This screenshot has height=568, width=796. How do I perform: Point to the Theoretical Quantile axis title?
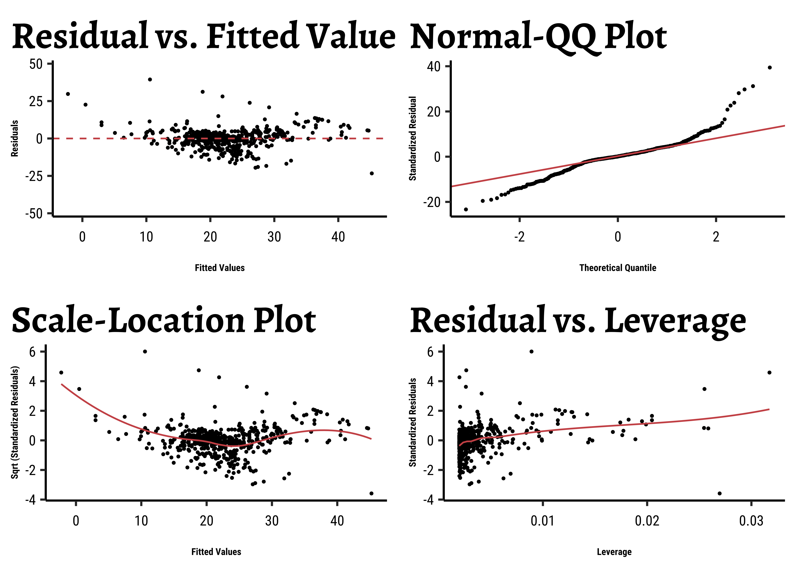pyautogui.click(x=617, y=268)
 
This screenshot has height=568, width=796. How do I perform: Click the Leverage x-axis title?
pyautogui.click(x=614, y=552)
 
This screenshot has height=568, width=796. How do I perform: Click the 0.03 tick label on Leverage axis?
pyautogui.click(x=751, y=521)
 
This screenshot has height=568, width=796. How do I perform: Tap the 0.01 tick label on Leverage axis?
pyautogui.click(x=543, y=521)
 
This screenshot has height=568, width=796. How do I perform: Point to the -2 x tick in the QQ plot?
pyautogui.click(x=519, y=237)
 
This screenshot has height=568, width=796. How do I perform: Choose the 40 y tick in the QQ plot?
pyautogui.click(x=433, y=66)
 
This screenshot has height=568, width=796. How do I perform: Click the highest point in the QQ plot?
pyautogui.click(x=769, y=68)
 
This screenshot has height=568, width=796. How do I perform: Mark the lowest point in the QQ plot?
pyautogui.click(x=465, y=210)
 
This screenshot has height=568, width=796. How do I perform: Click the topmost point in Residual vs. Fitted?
pyautogui.click(x=150, y=79)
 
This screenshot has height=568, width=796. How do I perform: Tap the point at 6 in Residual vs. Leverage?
pyautogui.click(x=531, y=352)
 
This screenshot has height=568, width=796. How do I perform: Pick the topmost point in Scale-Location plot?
pyautogui.click(x=145, y=352)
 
